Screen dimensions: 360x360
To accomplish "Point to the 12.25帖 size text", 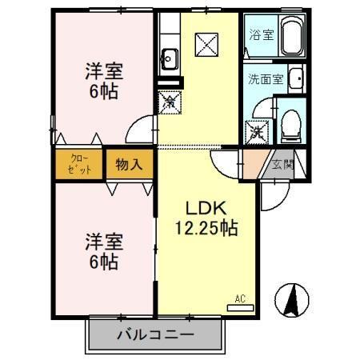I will click(x=206, y=229).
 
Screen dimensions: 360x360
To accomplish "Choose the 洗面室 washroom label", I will click(x=265, y=79).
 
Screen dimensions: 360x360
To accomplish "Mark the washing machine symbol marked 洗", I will click(x=258, y=131).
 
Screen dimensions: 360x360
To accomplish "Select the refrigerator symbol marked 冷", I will click(x=170, y=102).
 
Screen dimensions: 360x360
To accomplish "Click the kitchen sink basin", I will click(x=170, y=57).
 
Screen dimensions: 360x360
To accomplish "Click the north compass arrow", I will click(x=292, y=300).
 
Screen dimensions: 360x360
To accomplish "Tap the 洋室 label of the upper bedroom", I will click(x=104, y=71).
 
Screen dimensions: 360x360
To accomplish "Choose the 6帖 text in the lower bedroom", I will click(x=104, y=261).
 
